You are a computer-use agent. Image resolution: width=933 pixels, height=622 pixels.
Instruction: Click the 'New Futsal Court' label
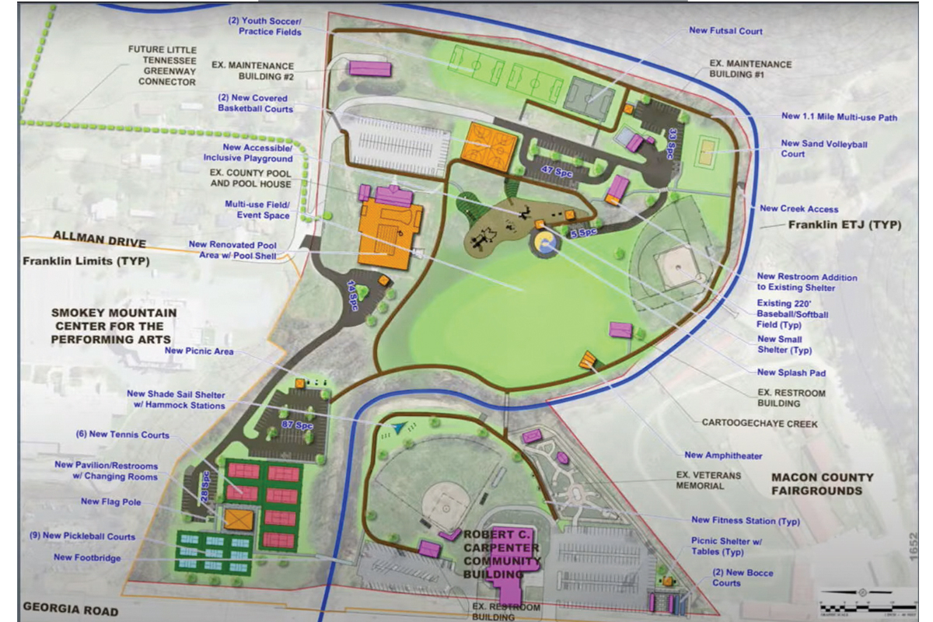pos(725,31)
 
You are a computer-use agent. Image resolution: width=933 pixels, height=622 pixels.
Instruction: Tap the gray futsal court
pos(589,98)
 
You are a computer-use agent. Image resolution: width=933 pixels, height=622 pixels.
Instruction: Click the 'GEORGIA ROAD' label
pos(70,610)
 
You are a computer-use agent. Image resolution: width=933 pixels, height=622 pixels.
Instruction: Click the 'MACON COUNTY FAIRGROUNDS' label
pos(822,484)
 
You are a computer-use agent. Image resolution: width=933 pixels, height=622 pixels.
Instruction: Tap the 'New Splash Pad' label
pos(791,373)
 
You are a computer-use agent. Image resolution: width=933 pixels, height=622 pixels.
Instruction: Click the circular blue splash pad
pos(543,243)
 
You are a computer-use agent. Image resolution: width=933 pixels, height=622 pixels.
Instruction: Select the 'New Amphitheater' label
pos(723,456)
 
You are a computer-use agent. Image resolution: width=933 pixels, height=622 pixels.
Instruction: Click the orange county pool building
pos(389,233)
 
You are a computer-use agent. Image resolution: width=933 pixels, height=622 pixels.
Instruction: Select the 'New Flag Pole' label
pos(111,502)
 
